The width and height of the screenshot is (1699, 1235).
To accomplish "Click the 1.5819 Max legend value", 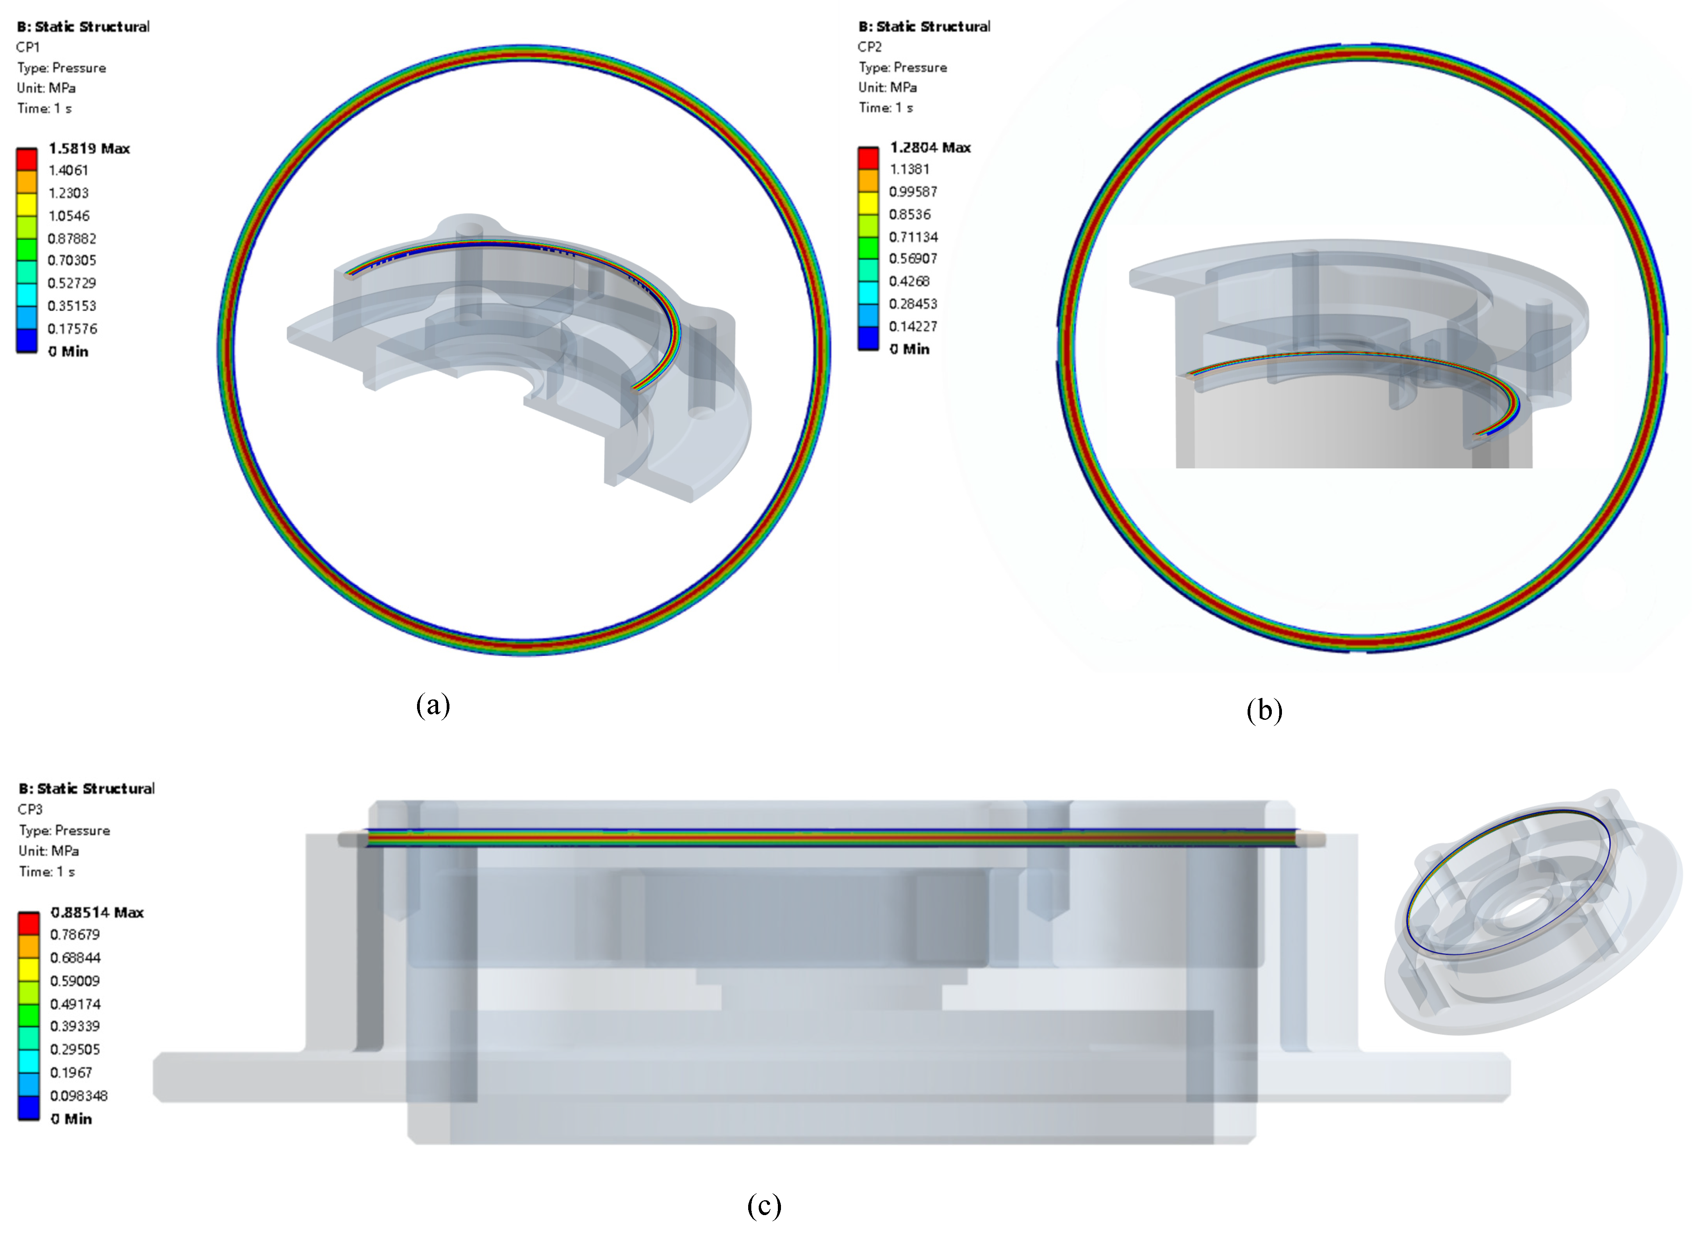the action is point(89,148).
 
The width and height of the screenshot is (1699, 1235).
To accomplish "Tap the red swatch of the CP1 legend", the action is point(27,160).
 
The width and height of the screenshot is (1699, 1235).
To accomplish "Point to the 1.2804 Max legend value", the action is point(931,148).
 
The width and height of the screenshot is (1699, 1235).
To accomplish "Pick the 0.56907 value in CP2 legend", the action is point(913,258).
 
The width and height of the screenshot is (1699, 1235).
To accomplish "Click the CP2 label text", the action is point(870,46).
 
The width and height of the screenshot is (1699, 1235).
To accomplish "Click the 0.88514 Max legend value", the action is point(97,912).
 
